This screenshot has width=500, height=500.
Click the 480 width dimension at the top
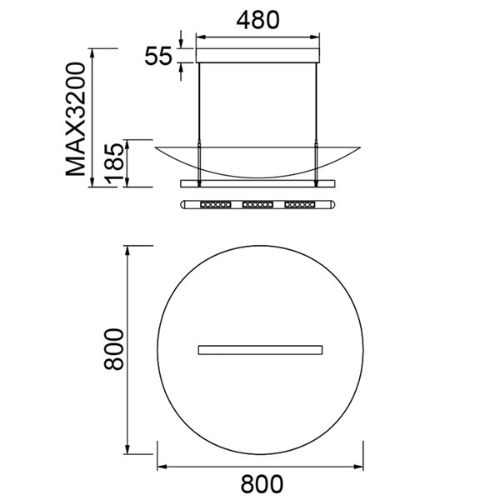257,20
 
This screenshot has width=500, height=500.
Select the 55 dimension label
158,57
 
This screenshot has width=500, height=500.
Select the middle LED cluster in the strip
258,203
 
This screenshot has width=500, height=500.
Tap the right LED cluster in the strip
300,203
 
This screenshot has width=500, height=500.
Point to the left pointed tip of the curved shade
157,145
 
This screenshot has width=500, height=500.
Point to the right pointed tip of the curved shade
360,145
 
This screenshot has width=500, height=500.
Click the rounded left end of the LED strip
183,203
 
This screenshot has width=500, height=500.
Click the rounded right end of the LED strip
334,203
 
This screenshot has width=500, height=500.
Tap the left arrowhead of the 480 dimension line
201,37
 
